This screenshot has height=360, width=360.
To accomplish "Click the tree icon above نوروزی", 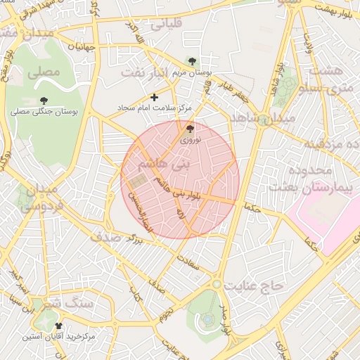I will (190, 129).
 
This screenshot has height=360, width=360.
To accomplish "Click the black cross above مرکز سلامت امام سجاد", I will (155, 97).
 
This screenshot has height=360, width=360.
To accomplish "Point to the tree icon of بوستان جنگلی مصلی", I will (44, 101).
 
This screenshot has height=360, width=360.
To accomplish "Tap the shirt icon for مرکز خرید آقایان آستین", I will (58, 326).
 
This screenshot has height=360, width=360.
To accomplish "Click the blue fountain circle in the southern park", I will (209, 320).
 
